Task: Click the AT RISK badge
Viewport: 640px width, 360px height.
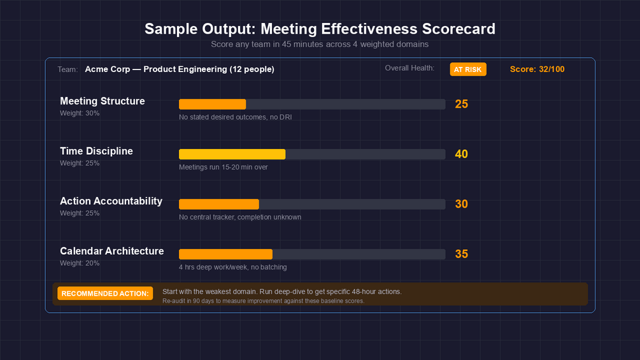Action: pos(468,69)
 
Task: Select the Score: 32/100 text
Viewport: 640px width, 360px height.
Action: pos(537,69)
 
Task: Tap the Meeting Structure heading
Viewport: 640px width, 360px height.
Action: pos(102,101)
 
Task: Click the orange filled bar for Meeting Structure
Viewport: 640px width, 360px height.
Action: pos(212,104)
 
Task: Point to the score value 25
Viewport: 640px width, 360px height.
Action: pos(461,104)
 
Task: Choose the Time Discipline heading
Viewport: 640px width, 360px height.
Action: pos(96,151)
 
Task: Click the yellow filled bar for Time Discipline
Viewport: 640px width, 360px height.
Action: pos(232,154)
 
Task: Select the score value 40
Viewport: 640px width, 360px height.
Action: pos(461,154)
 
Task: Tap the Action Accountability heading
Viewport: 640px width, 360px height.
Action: pos(111,201)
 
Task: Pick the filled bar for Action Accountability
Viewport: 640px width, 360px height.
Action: pos(218,204)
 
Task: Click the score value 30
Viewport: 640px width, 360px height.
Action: pos(461,204)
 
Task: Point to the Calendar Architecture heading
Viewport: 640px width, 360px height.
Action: pos(111,251)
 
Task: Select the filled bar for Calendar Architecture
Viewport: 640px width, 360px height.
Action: pos(225,254)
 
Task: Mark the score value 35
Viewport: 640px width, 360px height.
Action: pos(461,254)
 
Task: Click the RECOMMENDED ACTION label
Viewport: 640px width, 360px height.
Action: pos(105,293)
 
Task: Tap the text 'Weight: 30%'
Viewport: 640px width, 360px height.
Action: pos(80,113)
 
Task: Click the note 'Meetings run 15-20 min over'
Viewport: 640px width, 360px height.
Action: pos(223,167)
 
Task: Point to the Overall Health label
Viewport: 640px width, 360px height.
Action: pos(409,68)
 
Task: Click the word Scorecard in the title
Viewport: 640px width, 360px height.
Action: pos(457,29)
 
